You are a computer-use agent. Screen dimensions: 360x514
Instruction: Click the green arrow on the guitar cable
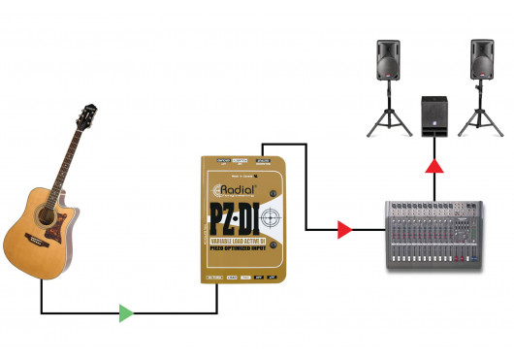tap(125, 312)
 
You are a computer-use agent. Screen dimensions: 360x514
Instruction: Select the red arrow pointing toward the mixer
tap(343, 230)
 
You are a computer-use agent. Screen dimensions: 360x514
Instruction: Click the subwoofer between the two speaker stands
tap(434, 116)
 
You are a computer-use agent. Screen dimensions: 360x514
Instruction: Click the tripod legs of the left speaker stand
tap(387, 118)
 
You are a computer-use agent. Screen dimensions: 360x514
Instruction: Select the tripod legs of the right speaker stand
tap(480, 118)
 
